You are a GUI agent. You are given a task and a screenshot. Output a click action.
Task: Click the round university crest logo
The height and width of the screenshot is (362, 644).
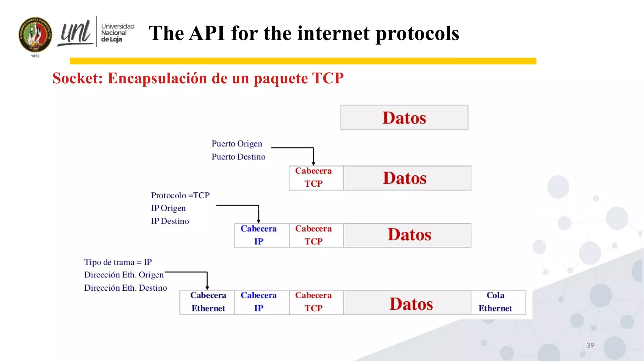tap(35, 35)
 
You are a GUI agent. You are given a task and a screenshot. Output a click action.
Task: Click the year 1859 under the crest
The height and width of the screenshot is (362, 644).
tap(35, 56)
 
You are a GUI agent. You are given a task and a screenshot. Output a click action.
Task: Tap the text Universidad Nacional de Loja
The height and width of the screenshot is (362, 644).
tap(117, 33)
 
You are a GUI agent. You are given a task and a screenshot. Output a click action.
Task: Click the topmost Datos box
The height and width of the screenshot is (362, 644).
tap(404, 118)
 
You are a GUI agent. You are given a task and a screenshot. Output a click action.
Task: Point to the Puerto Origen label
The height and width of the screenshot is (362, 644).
tap(236, 144)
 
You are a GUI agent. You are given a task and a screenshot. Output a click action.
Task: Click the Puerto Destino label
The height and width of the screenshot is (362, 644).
tap(238, 156)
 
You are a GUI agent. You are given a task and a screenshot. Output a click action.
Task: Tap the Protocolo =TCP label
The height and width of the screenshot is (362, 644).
tap(180, 195)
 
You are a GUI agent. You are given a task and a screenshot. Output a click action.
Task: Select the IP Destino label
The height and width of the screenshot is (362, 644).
tap(170, 221)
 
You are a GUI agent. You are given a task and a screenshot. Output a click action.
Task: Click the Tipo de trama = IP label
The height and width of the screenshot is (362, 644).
tap(118, 262)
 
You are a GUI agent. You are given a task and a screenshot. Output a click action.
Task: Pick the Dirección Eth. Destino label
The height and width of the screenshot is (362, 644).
tap(125, 288)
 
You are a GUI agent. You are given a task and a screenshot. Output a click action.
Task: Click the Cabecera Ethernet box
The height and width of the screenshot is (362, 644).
tap(208, 302)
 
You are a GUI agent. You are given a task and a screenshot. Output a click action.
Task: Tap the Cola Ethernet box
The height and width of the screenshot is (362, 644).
tap(496, 302)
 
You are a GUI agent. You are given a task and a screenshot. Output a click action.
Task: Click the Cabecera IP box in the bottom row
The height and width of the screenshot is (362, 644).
tap(258, 302)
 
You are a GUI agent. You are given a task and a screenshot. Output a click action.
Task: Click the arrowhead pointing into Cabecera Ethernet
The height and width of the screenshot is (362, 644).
tap(207, 288)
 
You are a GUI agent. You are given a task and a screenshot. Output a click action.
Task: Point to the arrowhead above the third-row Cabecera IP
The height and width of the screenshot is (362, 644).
tap(258, 221)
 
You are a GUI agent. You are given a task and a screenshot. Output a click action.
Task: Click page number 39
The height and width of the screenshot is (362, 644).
tap(590, 345)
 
